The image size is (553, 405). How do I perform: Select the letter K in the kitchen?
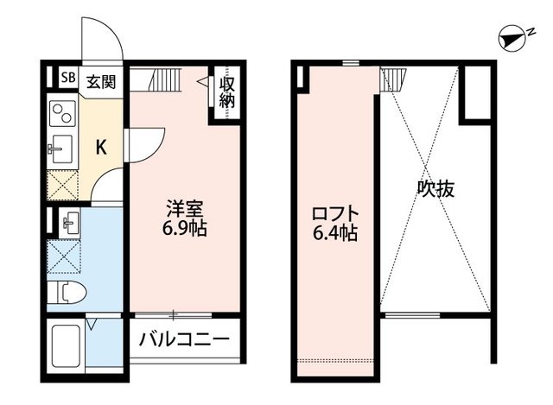(100, 147)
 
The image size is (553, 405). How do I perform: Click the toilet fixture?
(66, 292)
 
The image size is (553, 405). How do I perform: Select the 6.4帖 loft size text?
(335, 232)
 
